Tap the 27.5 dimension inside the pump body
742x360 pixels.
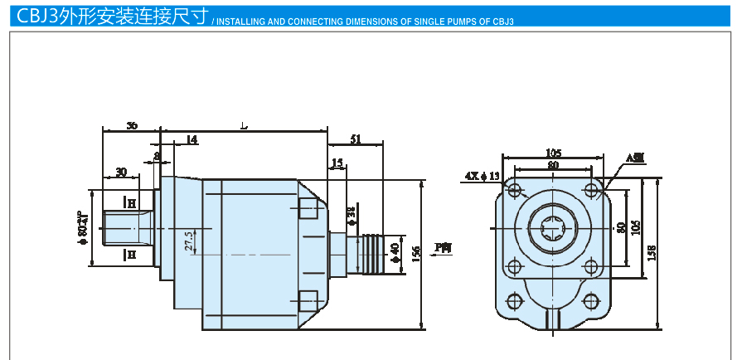click(189, 241)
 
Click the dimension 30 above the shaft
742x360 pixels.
click(121, 173)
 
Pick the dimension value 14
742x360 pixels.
click(192, 140)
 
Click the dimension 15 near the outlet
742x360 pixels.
click(337, 163)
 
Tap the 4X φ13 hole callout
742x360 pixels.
click(483, 176)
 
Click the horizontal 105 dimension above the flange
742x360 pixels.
click(554, 153)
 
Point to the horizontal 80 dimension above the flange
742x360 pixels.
click(553, 165)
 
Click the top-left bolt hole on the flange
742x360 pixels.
click(516, 191)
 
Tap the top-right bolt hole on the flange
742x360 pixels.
click(591, 191)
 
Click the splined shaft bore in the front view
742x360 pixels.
click(553, 228)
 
